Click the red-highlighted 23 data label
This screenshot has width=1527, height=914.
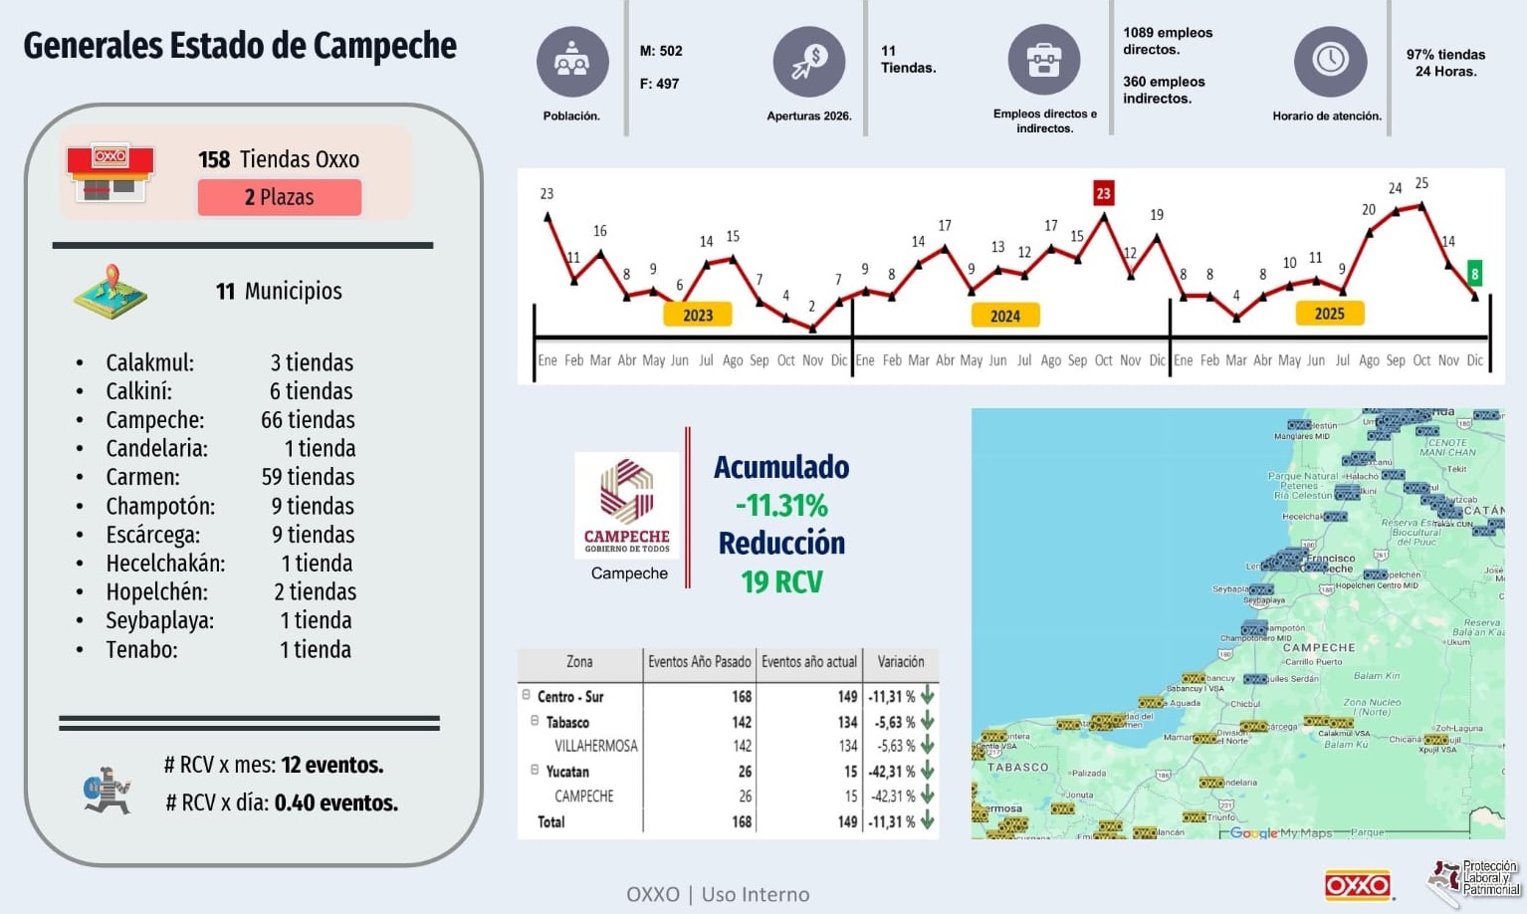click(1103, 193)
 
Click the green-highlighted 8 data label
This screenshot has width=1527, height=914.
click(1474, 273)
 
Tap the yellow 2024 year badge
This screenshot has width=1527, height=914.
click(1005, 316)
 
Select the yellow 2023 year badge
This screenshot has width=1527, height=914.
click(698, 315)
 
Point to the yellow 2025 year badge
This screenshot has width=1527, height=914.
click(1329, 314)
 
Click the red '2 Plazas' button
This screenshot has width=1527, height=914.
click(280, 197)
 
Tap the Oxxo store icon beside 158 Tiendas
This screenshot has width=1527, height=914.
click(110, 172)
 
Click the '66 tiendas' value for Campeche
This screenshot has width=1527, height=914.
click(308, 420)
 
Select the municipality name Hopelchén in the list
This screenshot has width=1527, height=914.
click(157, 591)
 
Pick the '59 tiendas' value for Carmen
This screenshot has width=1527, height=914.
click(308, 477)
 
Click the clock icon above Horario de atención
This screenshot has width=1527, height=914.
click(1330, 61)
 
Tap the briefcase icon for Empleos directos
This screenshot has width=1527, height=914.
click(1043, 61)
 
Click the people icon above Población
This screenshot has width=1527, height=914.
click(571, 61)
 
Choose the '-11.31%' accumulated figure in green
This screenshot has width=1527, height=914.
click(781, 506)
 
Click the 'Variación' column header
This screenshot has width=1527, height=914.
click(900, 662)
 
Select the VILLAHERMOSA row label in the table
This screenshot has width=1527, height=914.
click(595, 746)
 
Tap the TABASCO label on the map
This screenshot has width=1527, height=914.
click(1017, 768)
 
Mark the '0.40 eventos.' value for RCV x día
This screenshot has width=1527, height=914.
click(335, 802)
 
